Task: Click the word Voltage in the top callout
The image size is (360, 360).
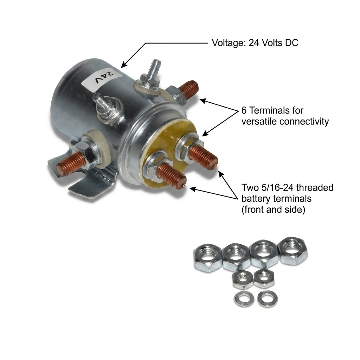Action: [x=228, y=43]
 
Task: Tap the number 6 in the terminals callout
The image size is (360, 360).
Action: [x=244, y=111]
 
